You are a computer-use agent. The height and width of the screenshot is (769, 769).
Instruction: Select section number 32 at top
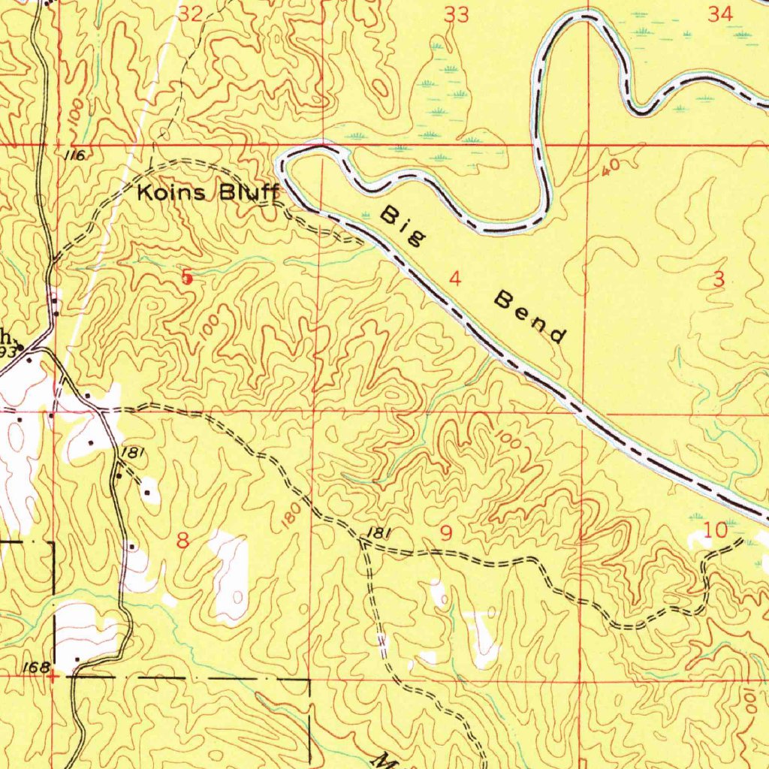click(x=191, y=13)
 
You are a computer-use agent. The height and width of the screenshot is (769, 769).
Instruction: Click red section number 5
click(x=187, y=278)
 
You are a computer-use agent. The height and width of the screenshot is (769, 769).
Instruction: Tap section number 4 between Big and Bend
click(x=454, y=279)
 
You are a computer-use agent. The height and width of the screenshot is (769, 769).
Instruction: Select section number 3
click(x=719, y=279)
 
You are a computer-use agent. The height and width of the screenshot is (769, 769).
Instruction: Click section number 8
click(x=181, y=541)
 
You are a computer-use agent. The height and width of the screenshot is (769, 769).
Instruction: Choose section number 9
click(x=447, y=533)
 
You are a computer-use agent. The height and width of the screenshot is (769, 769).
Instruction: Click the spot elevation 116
click(x=74, y=155)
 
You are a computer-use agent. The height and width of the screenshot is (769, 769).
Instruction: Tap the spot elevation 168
click(x=35, y=667)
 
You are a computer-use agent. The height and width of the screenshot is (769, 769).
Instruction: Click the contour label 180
click(x=293, y=516)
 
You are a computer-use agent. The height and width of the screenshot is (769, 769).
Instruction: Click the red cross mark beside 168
click(x=52, y=676)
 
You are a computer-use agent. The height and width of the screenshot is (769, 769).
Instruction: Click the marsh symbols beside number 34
click(x=661, y=26)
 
